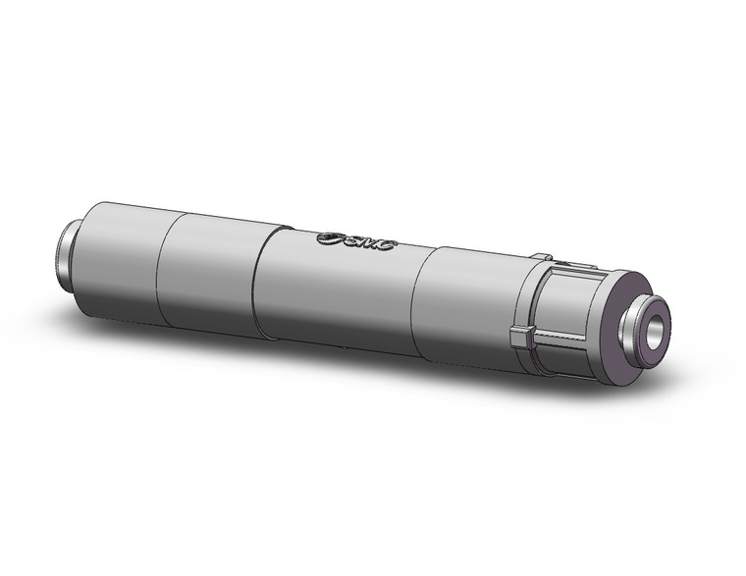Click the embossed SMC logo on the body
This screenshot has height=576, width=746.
pyautogui.click(x=356, y=240)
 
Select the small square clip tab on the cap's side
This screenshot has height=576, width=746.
pyautogui.click(x=521, y=338)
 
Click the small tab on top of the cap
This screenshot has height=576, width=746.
pyautogui.click(x=541, y=257)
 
